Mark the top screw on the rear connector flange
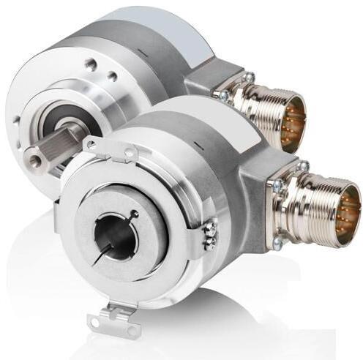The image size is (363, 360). coord(247,76)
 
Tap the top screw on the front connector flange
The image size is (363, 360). coord(302,168)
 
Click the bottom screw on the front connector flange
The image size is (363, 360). coord(277,238)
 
